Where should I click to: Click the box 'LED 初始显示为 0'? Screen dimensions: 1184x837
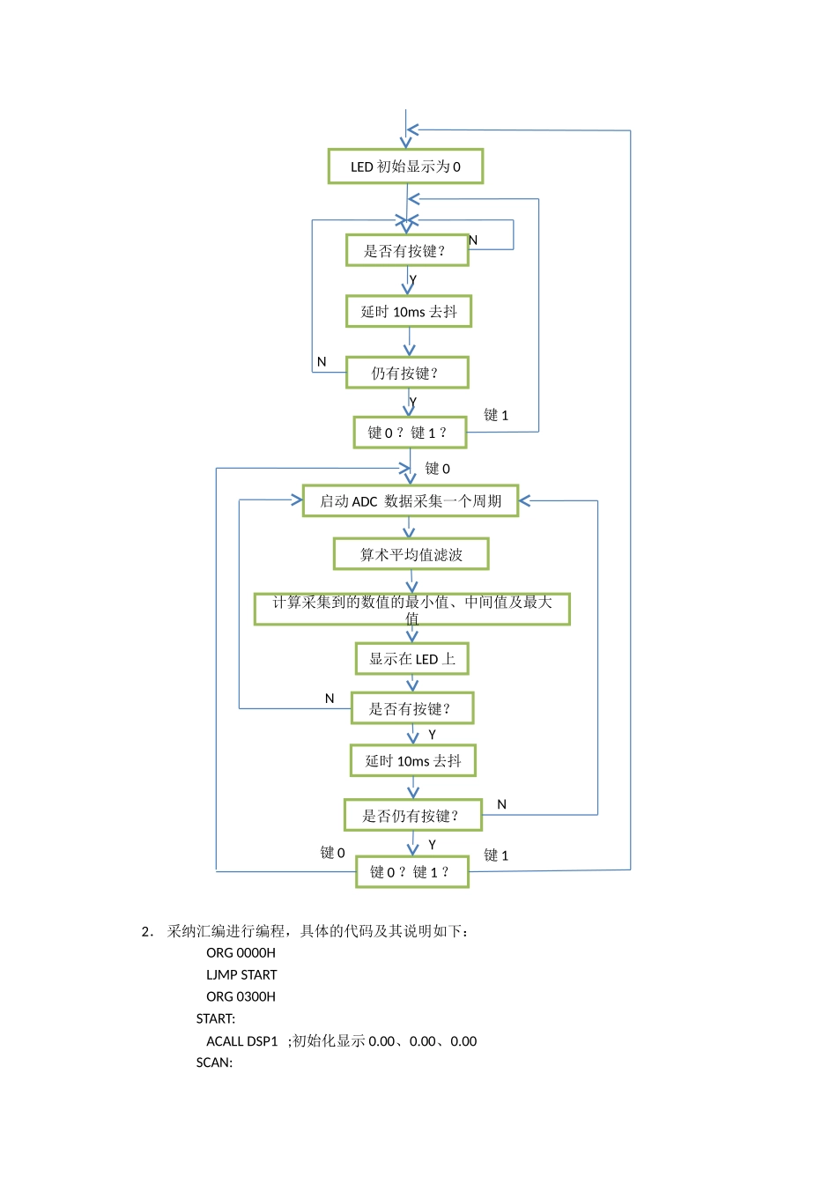405,166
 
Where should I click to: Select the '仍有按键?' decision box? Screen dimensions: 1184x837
407,373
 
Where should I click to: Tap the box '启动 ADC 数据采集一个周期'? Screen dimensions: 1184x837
411,501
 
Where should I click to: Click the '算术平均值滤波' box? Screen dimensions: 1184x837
411,554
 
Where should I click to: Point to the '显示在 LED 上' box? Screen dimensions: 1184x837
411,659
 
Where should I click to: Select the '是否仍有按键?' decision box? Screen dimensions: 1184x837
412,816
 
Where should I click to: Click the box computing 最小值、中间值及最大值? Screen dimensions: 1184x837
411,609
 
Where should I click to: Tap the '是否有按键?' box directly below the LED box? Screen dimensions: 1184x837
406,251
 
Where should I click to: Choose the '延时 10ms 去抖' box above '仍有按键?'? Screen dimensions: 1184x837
409,312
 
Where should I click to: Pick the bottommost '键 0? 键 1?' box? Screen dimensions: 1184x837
411,872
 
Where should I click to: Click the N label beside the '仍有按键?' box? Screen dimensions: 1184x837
322,362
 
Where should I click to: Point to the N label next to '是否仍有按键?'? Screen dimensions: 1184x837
502,804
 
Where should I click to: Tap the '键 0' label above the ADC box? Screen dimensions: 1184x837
437,469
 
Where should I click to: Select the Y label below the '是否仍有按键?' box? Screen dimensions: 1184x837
432,845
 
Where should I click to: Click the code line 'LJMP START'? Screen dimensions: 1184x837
241,975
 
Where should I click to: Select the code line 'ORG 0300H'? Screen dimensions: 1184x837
241,997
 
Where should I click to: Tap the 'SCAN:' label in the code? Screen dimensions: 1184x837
214,1062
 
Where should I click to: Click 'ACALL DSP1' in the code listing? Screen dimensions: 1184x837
242,1041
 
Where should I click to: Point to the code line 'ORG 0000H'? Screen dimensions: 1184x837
241,953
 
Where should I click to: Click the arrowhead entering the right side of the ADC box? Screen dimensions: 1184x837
525,501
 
